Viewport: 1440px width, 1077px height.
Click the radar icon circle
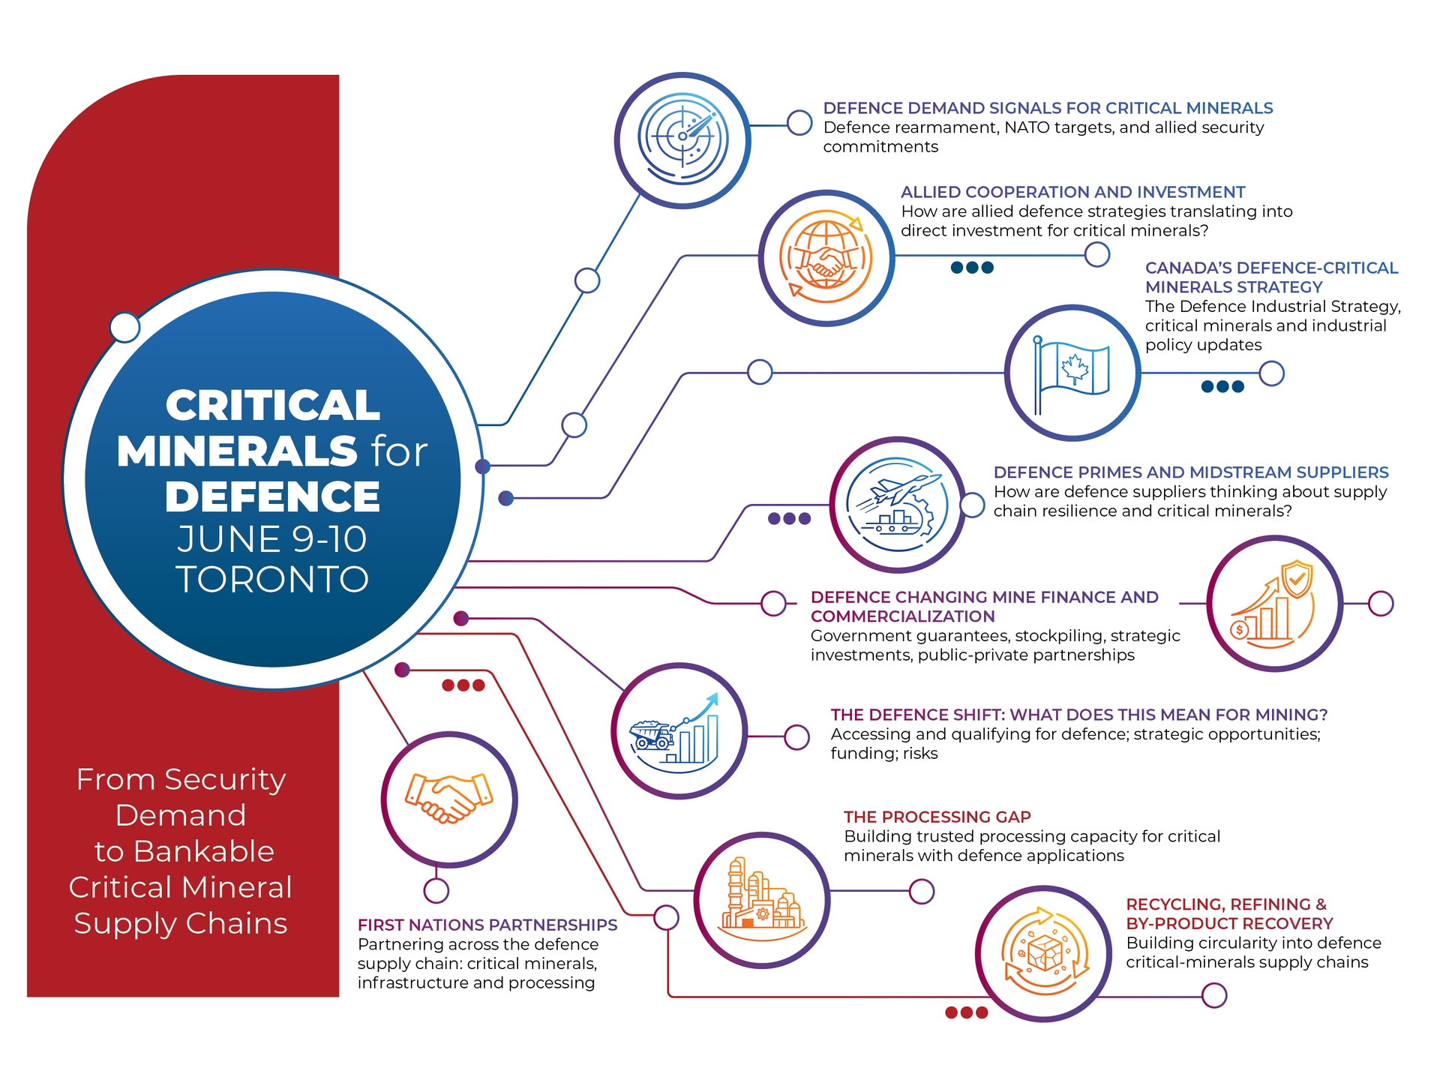682,139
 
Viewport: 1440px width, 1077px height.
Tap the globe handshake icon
826,257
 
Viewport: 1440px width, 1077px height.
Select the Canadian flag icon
1072,373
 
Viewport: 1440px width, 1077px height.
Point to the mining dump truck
651,734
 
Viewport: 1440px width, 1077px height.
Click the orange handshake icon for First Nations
448,799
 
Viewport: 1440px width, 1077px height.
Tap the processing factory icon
761,899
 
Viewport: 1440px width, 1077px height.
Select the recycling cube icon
1043,953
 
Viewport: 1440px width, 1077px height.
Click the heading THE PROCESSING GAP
937,817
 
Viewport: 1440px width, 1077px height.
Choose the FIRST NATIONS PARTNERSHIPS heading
487,925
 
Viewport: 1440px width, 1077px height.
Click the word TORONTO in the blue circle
272,579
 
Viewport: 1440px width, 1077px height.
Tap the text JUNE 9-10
272,539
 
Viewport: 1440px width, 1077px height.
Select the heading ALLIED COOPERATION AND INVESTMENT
1072,192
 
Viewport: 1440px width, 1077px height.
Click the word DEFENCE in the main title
272,496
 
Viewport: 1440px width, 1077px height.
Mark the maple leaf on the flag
1074,368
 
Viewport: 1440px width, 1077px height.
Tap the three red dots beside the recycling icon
966,1012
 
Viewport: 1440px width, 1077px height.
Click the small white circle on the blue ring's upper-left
124,327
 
